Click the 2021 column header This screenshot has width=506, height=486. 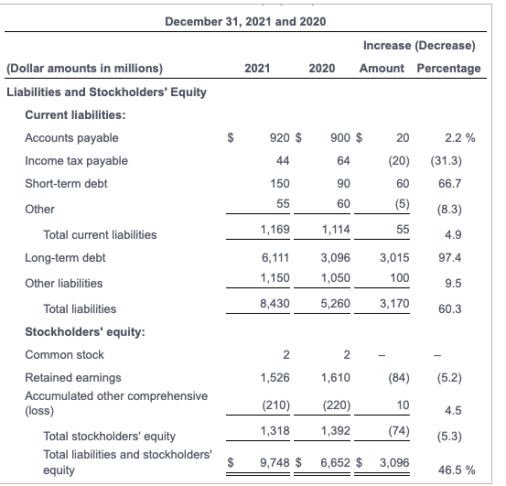(257, 68)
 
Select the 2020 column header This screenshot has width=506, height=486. (321, 68)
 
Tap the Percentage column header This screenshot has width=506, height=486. (448, 68)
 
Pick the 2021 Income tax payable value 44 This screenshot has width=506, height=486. (283, 161)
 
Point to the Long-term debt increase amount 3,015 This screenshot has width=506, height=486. (393, 258)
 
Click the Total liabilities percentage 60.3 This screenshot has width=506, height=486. (450, 309)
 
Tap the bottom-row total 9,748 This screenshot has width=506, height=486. (275, 462)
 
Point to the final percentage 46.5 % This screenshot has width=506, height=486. (455, 470)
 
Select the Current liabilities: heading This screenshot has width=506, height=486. (75, 114)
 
